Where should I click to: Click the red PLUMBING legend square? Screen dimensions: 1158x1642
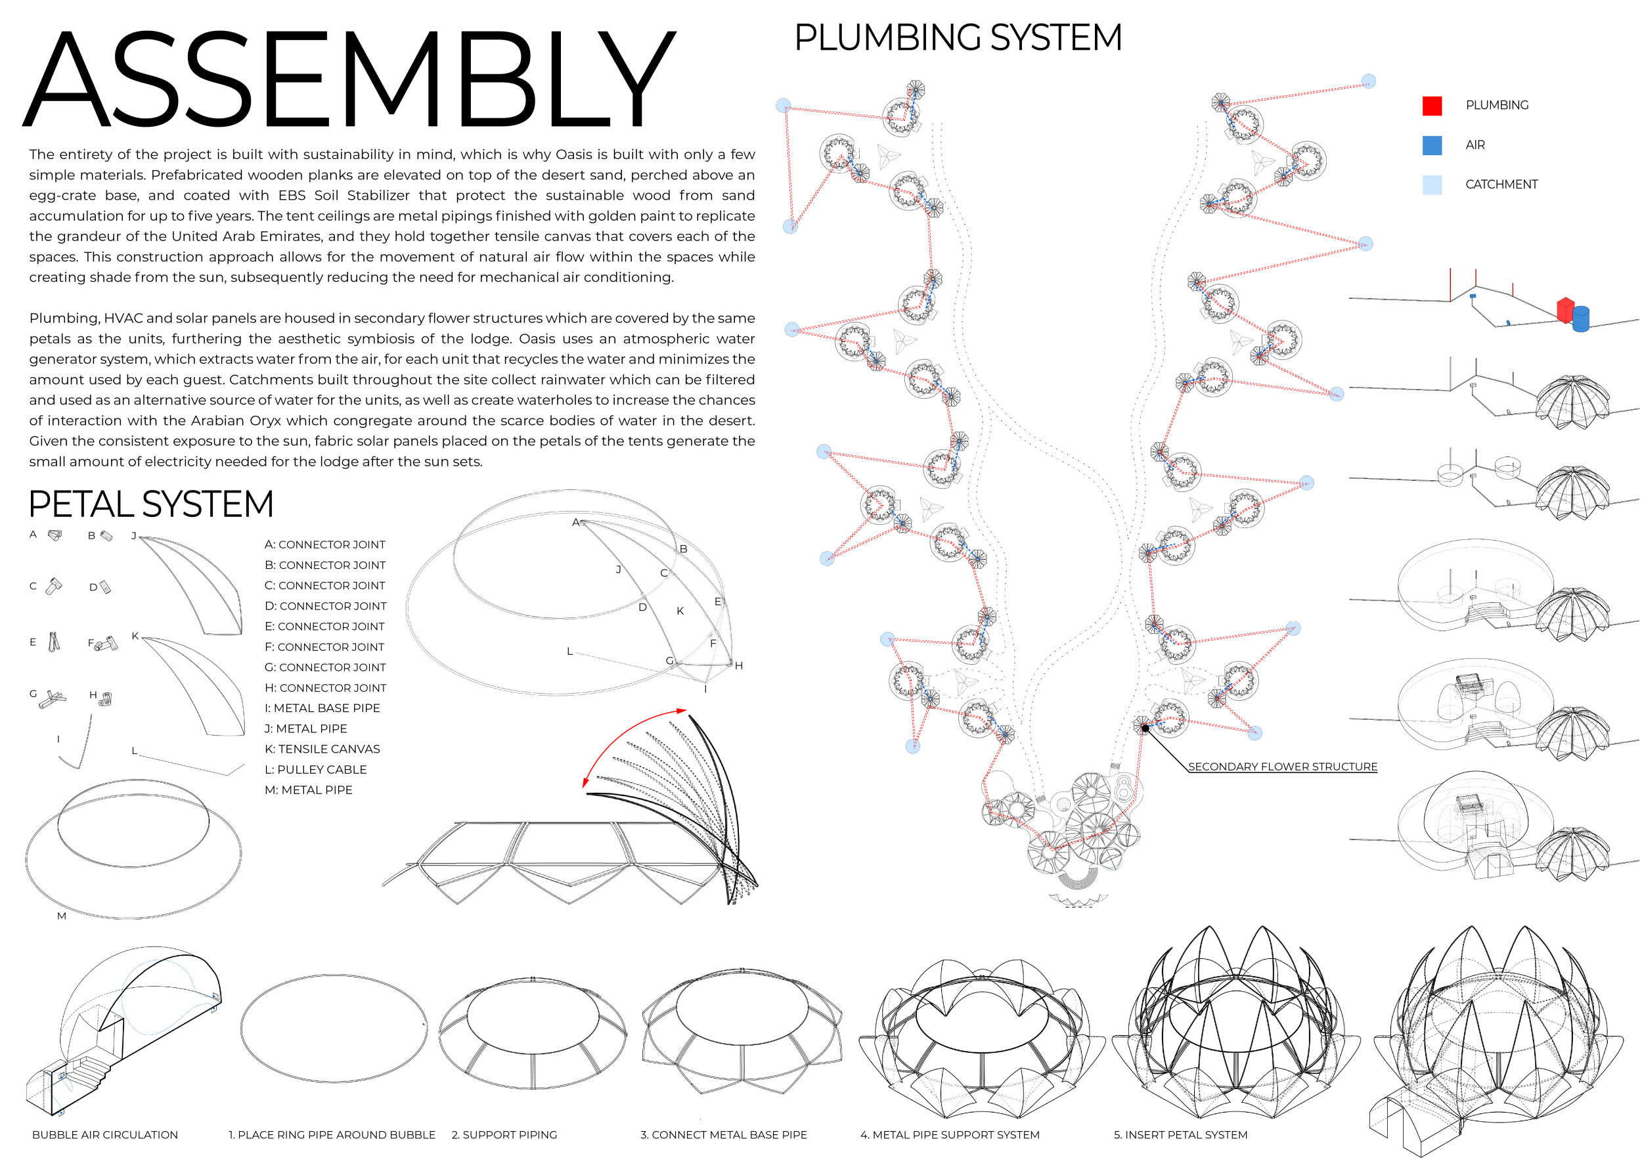click(x=1431, y=106)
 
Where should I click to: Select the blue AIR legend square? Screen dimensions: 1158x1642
click(x=1431, y=145)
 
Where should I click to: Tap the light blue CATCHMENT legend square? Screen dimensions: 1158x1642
click(x=1431, y=185)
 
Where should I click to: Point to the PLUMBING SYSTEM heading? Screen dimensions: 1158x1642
click(x=958, y=37)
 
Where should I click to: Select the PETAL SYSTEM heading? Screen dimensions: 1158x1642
click(x=151, y=504)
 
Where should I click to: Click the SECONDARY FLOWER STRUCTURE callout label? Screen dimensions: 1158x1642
click(x=1281, y=767)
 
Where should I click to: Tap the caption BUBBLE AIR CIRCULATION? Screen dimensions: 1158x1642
click(x=105, y=1134)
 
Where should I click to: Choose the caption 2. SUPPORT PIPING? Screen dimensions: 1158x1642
click(x=504, y=1134)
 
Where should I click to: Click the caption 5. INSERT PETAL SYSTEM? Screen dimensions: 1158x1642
click(x=1180, y=1134)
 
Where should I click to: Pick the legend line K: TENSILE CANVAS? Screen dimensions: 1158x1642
click(x=322, y=749)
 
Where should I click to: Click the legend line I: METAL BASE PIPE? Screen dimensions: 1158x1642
click(x=322, y=708)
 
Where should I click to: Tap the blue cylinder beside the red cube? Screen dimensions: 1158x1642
click(x=1580, y=319)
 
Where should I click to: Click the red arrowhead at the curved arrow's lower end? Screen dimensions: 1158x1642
click(x=586, y=782)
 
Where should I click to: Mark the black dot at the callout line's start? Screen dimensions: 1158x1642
click(x=1145, y=728)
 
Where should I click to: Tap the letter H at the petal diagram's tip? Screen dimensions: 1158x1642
click(x=739, y=666)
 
